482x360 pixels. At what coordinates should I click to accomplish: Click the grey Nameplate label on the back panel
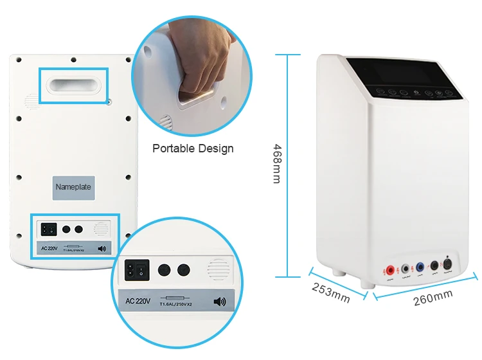pos(73,187)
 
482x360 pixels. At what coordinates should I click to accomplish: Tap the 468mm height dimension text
pos(276,163)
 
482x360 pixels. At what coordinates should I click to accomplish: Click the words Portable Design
pos(193,148)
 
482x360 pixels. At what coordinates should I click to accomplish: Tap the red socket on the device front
pos(389,269)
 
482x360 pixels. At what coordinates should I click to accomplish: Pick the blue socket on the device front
pos(420,267)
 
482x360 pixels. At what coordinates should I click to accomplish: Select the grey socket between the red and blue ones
pos(405,268)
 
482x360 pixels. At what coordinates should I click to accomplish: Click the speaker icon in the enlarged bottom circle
pos(220,301)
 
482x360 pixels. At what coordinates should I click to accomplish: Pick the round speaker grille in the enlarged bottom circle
pos(218,271)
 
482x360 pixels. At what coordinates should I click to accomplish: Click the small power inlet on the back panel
pos(48,228)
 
